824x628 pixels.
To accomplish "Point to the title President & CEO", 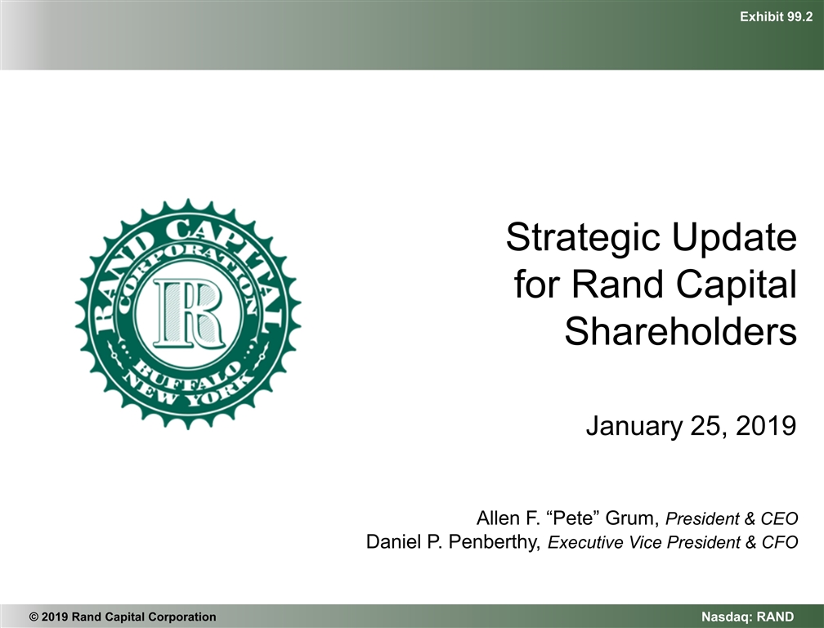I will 732,518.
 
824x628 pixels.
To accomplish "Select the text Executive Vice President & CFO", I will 672,542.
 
